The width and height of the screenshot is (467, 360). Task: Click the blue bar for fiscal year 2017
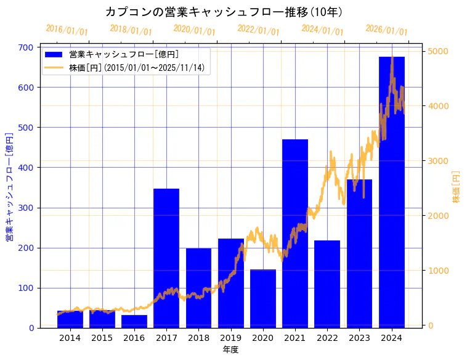click(x=166, y=259)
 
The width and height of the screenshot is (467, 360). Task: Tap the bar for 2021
click(x=295, y=234)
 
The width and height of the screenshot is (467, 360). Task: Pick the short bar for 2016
click(x=134, y=322)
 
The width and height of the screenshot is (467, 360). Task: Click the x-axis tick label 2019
click(x=230, y=337)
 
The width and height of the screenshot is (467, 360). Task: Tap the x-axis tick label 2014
click(x=70, y=337)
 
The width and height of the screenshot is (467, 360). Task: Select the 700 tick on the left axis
click(x=26, y=47)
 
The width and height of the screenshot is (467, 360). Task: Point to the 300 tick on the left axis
click(x=26, y=208)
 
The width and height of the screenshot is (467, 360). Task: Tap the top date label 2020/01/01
click(x=195, y=30)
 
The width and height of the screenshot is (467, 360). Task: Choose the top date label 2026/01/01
click(x=386, y=30)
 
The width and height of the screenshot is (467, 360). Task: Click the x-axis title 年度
click(x=230, y=350)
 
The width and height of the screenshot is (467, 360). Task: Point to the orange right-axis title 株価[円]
click(x=457, y=187)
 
